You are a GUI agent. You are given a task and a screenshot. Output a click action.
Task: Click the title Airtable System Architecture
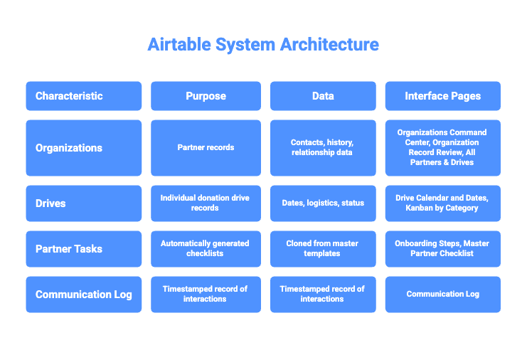point(263,44)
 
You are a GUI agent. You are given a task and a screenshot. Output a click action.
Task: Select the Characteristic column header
point(83,96)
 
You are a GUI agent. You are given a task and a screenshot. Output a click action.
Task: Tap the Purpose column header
point(206,96)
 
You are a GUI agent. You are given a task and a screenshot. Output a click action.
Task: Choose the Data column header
point(323,96)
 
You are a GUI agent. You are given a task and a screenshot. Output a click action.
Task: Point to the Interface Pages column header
point(442,96)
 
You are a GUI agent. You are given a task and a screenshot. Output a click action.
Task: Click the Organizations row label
point(83,148)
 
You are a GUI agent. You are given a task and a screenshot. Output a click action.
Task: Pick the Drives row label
point(83,203)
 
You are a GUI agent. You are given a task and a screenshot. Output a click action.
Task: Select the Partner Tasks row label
point(83,248)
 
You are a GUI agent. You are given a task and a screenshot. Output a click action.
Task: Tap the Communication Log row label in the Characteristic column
point(83,294)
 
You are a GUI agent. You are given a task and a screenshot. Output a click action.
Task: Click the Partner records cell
point(206,148)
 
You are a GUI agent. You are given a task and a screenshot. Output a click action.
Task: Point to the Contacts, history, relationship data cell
point(323,148)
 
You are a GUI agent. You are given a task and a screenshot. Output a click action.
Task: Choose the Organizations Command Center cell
point(442,148)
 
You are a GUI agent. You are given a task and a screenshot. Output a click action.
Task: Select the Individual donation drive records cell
point(206,203)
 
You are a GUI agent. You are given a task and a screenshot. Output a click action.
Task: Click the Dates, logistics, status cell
point(323,203)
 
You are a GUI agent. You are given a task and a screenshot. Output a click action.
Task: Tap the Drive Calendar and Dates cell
point(442,203)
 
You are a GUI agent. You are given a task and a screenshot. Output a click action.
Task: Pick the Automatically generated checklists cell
point(206,248)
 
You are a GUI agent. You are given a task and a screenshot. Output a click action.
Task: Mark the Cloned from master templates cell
point(323,248)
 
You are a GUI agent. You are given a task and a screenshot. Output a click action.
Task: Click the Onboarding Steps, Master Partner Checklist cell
point(442,248)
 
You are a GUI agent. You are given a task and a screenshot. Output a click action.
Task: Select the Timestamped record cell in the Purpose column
point(206,294)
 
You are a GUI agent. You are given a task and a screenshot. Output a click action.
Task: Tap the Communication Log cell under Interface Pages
point(442,294)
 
